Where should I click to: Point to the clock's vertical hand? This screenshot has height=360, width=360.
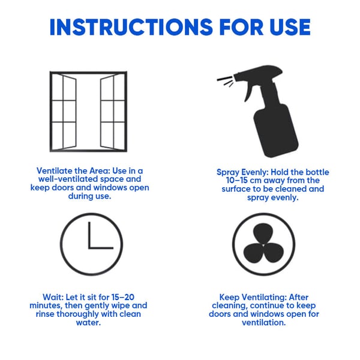click(x=89, y=235)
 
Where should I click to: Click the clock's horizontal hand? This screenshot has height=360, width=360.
click(x=100, y=248)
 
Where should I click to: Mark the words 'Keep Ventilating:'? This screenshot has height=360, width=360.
click(x=250, y=297)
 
